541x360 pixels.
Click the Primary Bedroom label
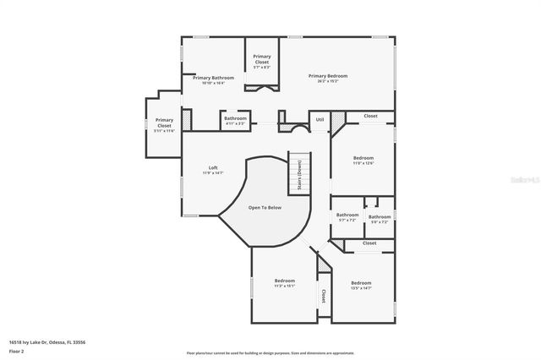(328, 76)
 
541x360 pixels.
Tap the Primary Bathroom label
(207, 78)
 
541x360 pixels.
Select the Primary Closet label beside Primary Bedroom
(262, 59)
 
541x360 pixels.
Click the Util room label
(320, 120)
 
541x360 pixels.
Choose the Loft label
(213, 167)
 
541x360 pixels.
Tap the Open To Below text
(265, 207)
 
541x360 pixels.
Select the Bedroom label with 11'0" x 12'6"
(363, 158)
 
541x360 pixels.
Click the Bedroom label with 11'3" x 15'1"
(285, 281)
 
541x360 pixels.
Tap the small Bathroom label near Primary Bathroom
(236, 118)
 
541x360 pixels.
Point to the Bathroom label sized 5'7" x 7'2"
(347, 215)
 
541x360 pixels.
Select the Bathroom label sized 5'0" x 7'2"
(380, 216)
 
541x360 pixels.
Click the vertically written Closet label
(323, 296)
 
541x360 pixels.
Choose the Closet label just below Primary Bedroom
(370, 116)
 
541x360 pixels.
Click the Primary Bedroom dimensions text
(328, 81)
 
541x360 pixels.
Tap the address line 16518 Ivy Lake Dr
(47, 342)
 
